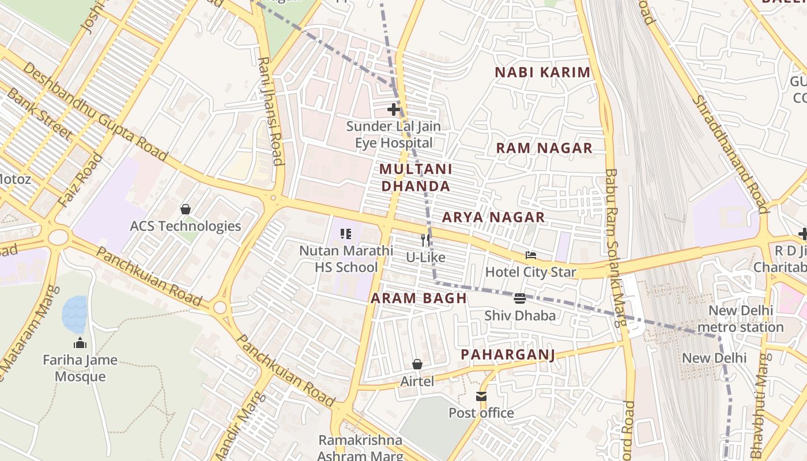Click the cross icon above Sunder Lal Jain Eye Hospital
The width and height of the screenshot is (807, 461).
(x=394, y=109)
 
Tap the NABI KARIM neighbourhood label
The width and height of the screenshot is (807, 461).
(x=543, y=72)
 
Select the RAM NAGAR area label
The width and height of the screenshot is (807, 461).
(x=544, y=148)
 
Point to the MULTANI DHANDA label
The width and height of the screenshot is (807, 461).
(x=416, y=177)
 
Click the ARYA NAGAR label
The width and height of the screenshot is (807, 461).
(x=493, y=217)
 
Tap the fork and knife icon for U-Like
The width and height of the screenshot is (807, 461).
(x=425, y=240)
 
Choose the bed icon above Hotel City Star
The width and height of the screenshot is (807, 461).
(x=531, y=255)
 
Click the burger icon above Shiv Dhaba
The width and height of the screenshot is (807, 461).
(x=519, y=298)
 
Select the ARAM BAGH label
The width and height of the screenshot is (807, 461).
(x=418, y=298)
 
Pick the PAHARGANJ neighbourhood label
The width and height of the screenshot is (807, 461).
(x=508, y=354)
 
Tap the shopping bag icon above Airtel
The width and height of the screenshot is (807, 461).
(x=417, y=364)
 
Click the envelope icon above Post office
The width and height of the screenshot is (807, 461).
(x=481, y=396)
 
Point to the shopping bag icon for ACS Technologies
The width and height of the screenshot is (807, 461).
(x=186, y=209)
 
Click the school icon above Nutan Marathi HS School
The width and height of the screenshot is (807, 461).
(x=346, y=233)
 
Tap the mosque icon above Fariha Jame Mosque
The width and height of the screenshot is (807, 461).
(x=80, y=343)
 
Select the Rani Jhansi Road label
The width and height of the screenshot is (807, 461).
(x=271, y=111)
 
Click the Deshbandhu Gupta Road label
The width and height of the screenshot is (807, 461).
(x=96, y=112)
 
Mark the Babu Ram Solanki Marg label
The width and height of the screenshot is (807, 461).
(x=615, y=248)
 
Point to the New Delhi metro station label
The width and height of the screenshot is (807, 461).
(x=740, y=319)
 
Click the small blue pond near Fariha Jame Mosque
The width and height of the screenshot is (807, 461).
(x=74, y=314)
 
